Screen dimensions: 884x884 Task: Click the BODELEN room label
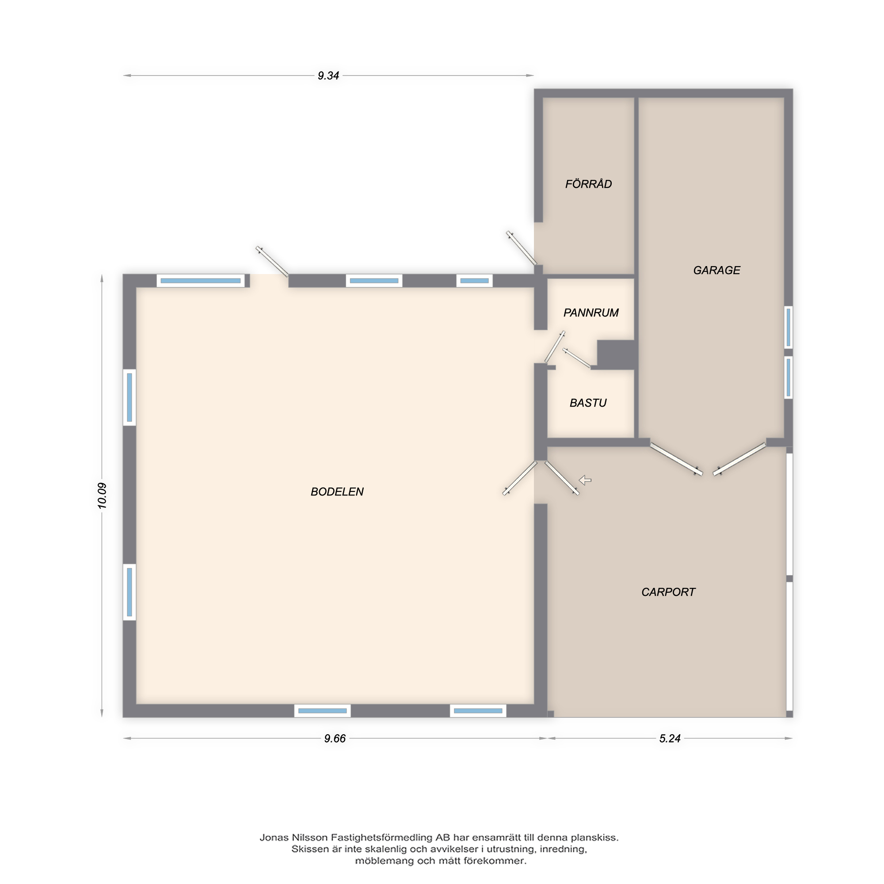pos(337,492)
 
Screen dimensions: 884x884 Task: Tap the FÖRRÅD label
pos(588,184)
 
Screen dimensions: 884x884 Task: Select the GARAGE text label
pos(716,271)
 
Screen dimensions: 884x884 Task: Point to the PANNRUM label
pos(591,313)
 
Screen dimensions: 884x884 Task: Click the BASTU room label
pos(588,403)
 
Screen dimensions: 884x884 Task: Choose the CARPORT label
pos(668,593)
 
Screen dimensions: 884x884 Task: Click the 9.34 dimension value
pos(328,76)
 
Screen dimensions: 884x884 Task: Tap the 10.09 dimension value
pos(102,496)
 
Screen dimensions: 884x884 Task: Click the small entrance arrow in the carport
pos(585,480)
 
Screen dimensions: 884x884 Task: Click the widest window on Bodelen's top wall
pos(200,281)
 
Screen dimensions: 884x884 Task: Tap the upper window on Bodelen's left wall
pos(130,397)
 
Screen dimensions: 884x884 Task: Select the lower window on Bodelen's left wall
pos(130,592)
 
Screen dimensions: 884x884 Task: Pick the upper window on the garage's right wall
pos(789,327)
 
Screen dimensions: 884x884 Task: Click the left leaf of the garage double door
pos(676,459)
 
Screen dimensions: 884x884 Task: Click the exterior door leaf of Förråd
pos(521,248)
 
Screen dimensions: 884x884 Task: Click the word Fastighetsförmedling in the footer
pos(381,838)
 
